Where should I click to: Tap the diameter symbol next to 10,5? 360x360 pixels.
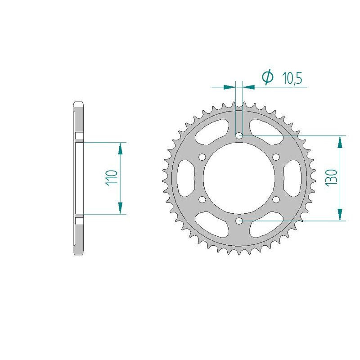click(267, 77)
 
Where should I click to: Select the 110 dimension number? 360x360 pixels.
click(112, 178)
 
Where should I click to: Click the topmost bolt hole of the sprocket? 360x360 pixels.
click(239, 135)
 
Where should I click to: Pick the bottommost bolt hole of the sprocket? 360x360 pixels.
click(239, 220)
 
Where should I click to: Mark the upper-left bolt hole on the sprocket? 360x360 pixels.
click(202, 157)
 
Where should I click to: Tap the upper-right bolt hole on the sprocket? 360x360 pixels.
click(276, 157)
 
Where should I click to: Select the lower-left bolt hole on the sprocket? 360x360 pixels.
click(202, 199)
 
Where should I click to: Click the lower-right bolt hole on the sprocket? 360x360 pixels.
click(276, 199)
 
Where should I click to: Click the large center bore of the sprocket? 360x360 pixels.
click(239, 178)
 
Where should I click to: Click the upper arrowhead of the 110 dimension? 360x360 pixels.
click(120, 148)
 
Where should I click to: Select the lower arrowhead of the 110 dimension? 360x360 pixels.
click(120, 208)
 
